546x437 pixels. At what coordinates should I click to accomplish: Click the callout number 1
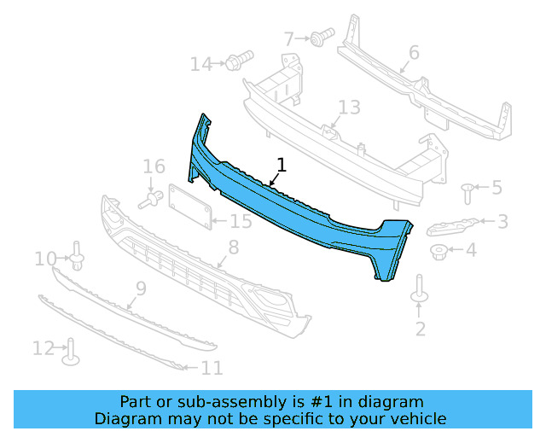282,165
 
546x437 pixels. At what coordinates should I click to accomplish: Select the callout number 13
349,108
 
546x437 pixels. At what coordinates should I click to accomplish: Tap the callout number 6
413,53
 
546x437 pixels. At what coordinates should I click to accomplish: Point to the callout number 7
289,38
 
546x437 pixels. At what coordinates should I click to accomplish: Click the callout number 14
200,64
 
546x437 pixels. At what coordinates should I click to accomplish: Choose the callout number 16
154,166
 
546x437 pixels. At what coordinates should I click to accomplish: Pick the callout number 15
241,222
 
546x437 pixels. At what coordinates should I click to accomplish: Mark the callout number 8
233,248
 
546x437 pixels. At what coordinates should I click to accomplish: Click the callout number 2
420,328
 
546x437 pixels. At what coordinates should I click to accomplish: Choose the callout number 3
502,221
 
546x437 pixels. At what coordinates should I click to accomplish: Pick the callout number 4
471,250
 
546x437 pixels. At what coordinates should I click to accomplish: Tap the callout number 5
497,187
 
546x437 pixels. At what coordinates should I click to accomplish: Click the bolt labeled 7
322,37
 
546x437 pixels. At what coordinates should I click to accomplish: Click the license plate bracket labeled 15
189,207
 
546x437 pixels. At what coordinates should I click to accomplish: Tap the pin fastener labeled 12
71,351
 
